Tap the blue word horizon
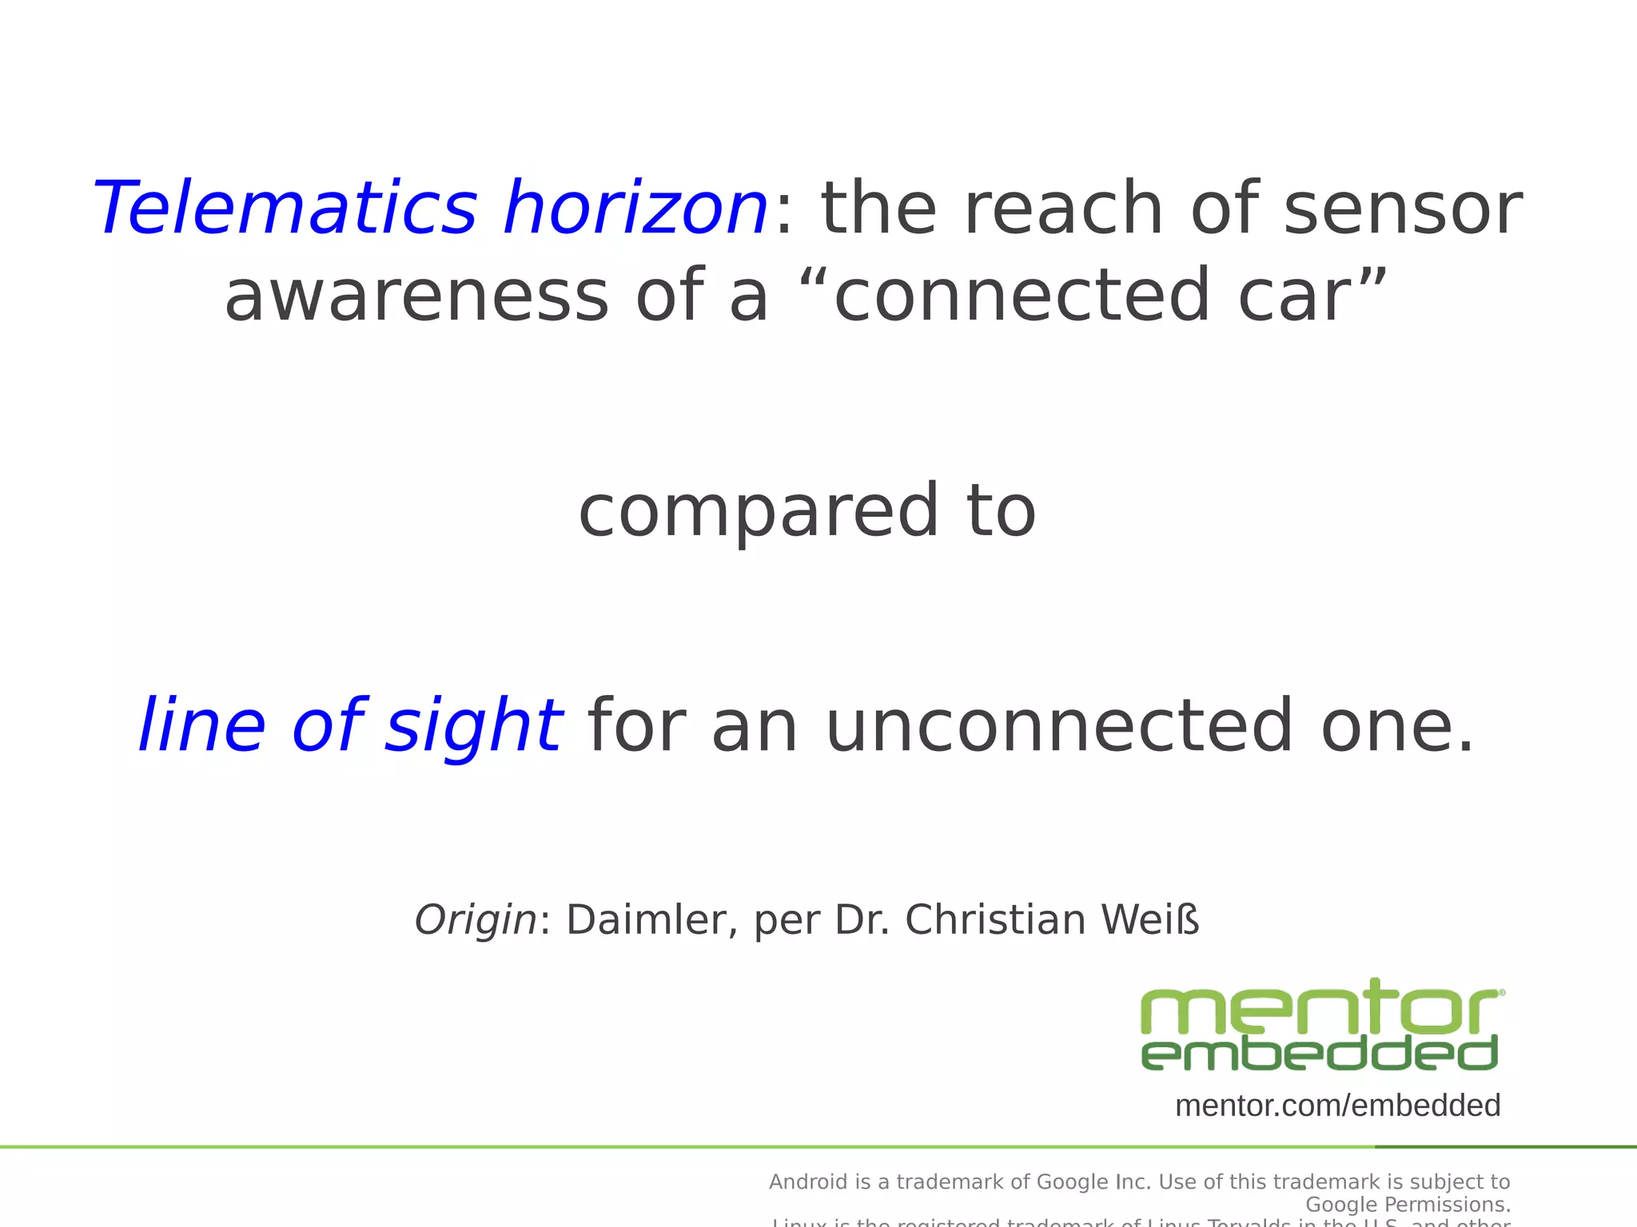coord(635,208)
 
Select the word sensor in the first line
coord(1402,208)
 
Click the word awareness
coord(416,296)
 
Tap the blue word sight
coord(473,726)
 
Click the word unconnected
coord(1059,726)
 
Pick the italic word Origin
coord(476,920)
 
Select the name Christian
coord(995,920)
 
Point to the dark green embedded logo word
coord(1319,1054)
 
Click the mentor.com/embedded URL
coord(1337,1106)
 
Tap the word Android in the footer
coord(807,1182)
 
